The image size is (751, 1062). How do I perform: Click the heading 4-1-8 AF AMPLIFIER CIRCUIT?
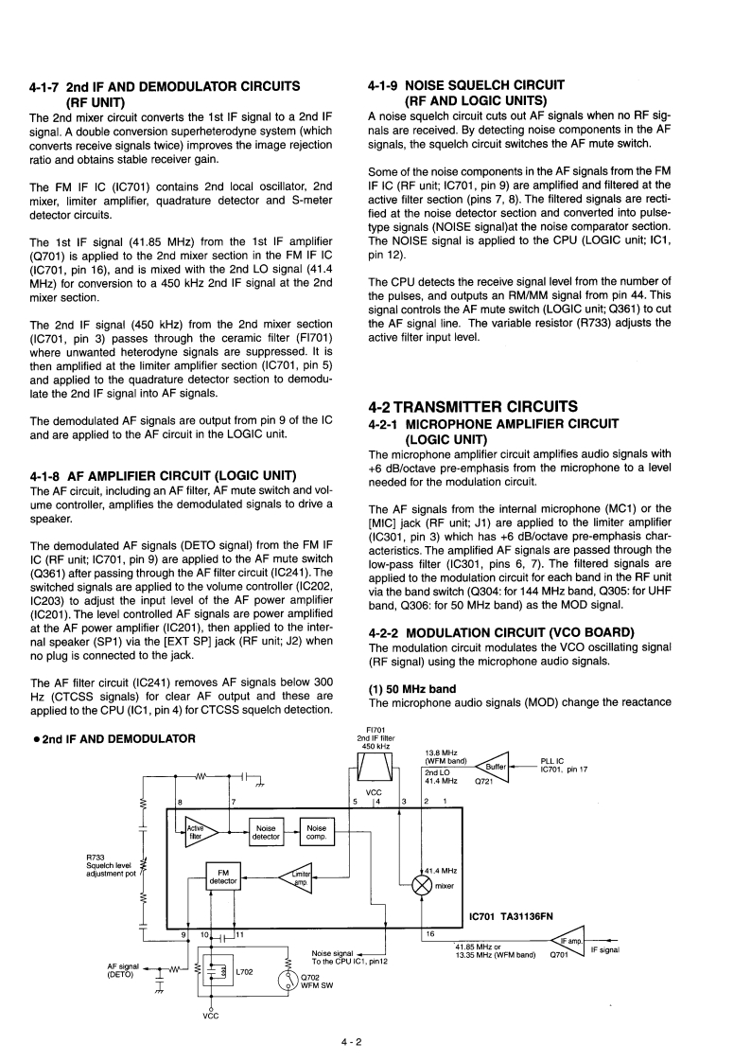164,474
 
